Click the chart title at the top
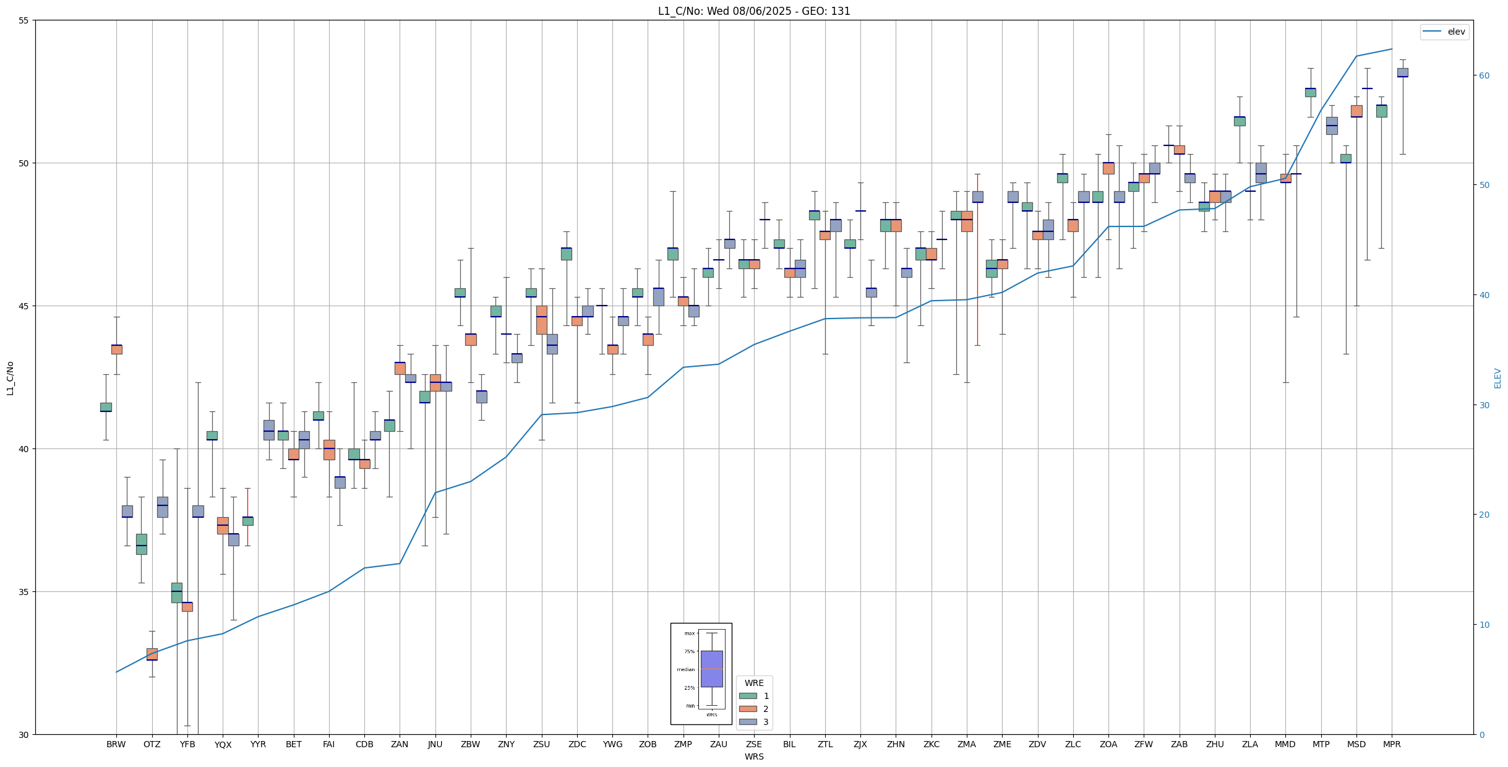click(x=754, y=11)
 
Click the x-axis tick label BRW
click(x=116, y=744)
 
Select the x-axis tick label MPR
click(x=1392, y=744)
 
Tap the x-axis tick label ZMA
click(x=967, y=744)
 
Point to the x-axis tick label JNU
click(x=435, y=744)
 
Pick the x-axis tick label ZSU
click(x=541, y=744)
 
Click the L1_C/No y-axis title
click(x=10, y=377)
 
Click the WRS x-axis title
click(x=754, y=756)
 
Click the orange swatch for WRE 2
click(x=748, y=709)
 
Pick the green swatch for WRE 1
click(x=748, y=696)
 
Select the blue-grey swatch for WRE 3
click(x=748, y=722)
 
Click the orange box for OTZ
click(x=152, y=654)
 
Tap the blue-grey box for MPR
click(x=1402, y=72)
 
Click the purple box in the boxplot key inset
click(x=711, y=669)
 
